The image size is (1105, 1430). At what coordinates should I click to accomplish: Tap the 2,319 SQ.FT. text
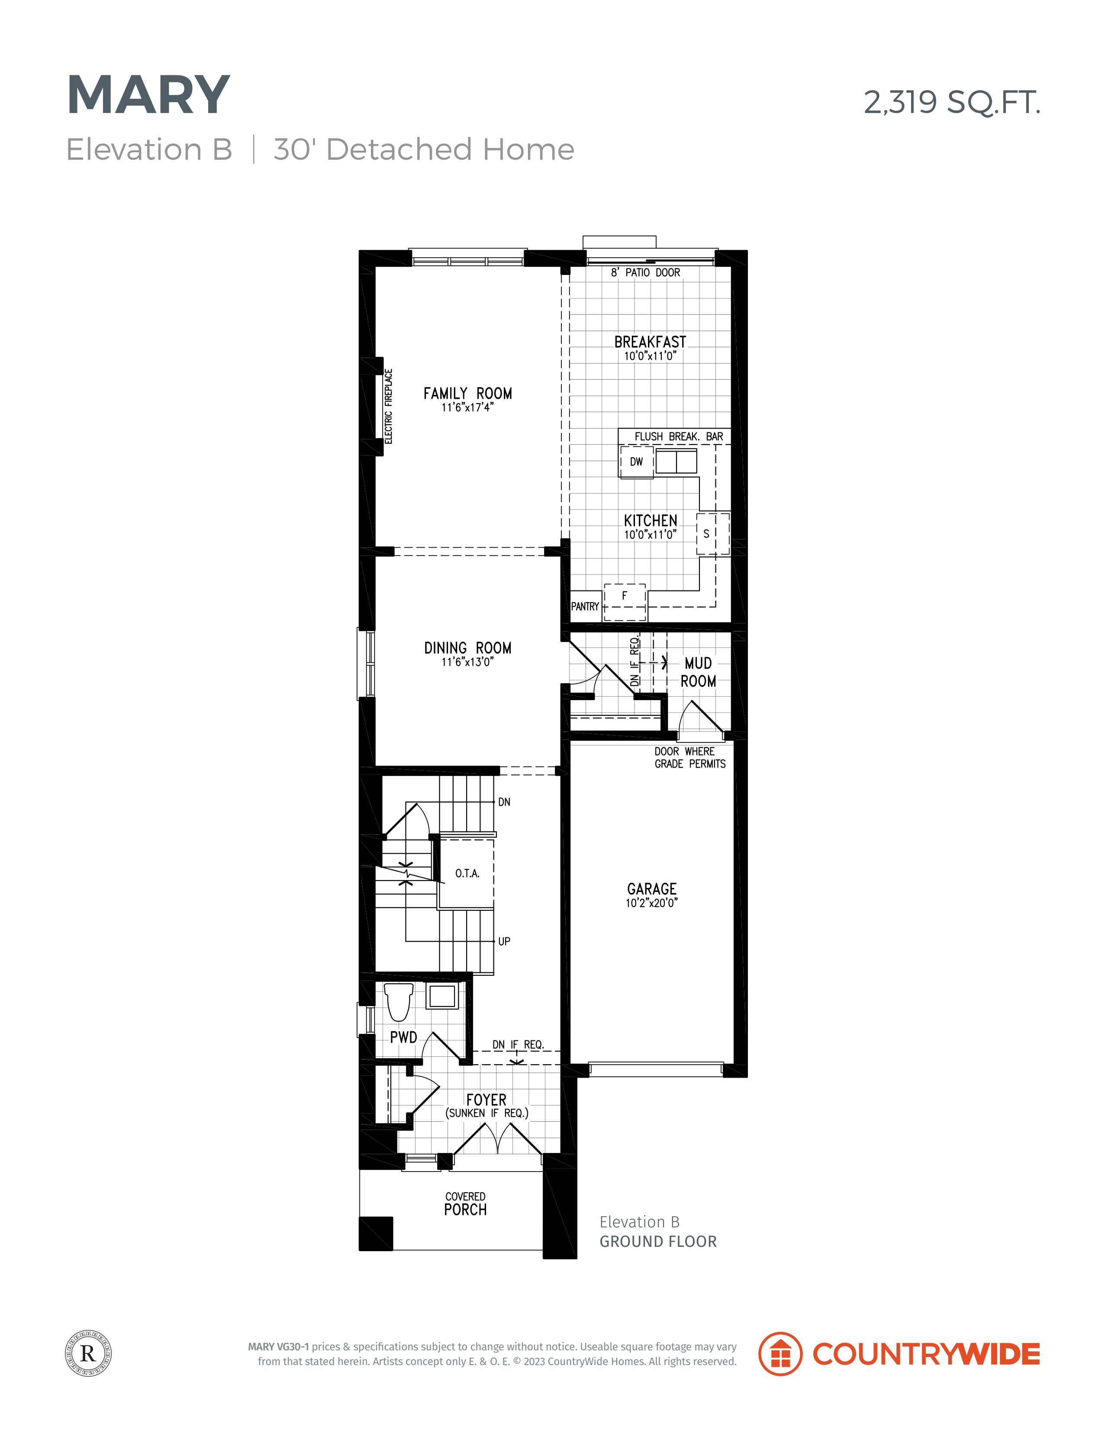[952, 102]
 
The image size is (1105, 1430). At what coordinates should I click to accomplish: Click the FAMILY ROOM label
[467, 394]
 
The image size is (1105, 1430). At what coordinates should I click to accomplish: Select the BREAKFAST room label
[650, 342]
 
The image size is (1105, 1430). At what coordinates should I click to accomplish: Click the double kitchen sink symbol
[676, 461]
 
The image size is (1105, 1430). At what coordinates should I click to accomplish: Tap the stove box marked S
[712, 534]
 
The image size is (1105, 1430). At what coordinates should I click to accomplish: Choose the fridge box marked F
[625, 602]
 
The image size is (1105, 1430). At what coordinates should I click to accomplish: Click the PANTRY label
[585, 606]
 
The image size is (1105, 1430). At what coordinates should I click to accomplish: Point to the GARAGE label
[651, 888]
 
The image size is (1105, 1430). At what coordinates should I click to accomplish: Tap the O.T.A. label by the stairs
[467, 873]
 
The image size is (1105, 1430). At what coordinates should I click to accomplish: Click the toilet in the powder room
[398, 1002]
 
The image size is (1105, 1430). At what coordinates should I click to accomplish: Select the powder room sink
[442, 996]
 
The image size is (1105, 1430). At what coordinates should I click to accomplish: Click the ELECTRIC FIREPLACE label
[388, 406]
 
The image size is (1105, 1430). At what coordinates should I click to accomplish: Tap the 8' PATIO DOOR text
[645, 272]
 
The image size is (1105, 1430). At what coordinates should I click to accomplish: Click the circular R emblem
[88, 1353]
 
